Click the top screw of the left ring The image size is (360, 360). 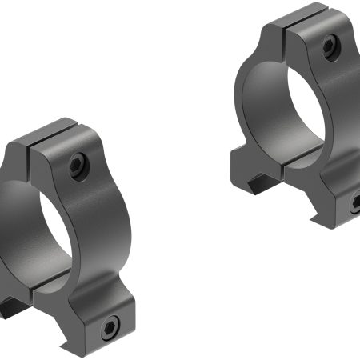tap(77, 166)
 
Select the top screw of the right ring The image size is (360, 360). tap(330, 48)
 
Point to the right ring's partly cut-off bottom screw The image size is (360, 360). tap(354, 204)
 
